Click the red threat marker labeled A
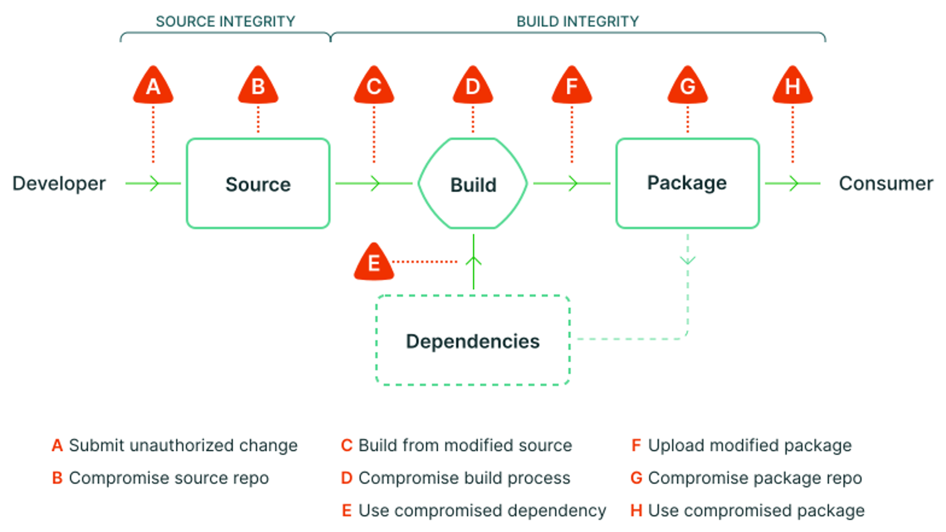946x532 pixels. click(x=153, y=86)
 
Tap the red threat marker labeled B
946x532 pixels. click(x=258, y=86)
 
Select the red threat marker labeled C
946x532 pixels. click(x=374, y=86)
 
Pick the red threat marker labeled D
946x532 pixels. click(x=473, y=86)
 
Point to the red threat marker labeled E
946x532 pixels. click(x=374, y=262)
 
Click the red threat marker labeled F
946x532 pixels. click(x=572, y=86)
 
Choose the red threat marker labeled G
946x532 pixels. click(x=688, y=86)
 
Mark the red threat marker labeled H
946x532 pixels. click(x=793, y=86)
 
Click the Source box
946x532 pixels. click(x=258, y=183)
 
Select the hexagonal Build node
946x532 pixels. click(x=473, y=184)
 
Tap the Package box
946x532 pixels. click(x=687, y=183)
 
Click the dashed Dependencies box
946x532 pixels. click(x=473, y=341)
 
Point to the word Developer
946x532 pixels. click(x=59, y=183)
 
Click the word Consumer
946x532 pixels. click(x=886, y=183)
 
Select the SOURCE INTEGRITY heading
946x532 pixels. click(x=226, y=22)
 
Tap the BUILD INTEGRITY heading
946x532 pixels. click(x=577, y=22)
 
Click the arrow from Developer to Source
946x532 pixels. click(x=153, y=183)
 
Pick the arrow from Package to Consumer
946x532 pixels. click(x=793, y=183)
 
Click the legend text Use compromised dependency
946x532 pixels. click(x=482, y=510)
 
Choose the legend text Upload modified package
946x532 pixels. click(x=749, y=445)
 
